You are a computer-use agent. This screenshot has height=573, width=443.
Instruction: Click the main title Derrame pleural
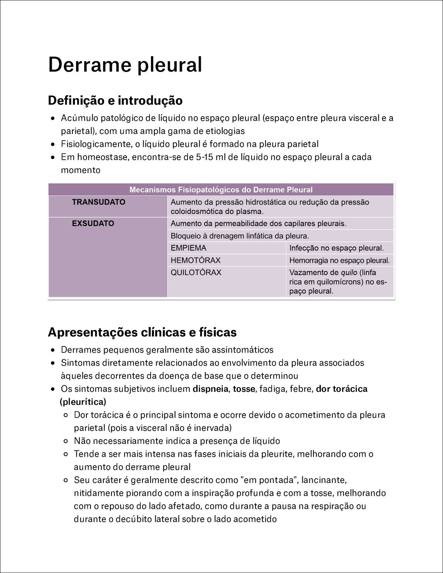(125, 65)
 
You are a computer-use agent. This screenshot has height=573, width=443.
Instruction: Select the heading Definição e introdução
(115, 100)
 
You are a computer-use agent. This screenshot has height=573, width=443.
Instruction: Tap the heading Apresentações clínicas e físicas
(142, 332)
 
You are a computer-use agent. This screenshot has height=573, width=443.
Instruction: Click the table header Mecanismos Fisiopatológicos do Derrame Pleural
(221, 190)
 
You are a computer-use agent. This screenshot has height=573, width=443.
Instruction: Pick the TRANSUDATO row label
(99, 202)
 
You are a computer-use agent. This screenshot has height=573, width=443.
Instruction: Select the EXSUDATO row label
(93, 223)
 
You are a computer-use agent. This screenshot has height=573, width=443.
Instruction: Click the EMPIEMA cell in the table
(189, 248)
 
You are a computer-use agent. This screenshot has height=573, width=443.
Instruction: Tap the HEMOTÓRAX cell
(195, 260)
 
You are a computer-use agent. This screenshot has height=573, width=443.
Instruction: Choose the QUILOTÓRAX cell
(196, 272)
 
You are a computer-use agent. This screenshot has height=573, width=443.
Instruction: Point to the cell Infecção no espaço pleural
(336, 248)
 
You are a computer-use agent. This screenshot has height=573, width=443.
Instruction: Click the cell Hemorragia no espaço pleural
(339, 260)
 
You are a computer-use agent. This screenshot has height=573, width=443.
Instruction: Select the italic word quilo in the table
(349, 272)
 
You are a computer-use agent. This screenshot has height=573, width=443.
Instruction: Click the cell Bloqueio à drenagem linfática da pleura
(240, 236)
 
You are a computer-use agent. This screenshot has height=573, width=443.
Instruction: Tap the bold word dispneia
(210, 389)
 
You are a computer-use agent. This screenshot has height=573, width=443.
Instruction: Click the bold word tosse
(244, 389)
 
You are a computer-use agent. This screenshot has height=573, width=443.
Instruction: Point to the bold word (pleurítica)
(83, 402)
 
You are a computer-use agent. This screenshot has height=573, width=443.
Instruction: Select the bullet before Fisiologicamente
(54, 144)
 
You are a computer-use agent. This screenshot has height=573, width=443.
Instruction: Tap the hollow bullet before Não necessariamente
(66, 441)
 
